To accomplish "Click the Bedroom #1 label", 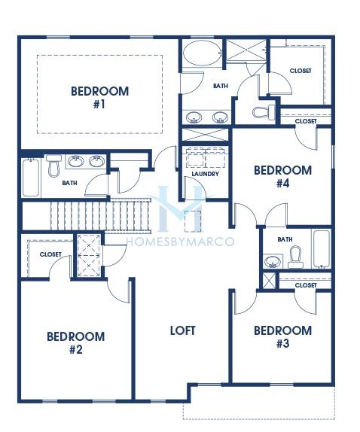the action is (99, 98).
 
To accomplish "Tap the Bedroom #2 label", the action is (76, 343).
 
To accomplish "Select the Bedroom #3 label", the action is (283, 337).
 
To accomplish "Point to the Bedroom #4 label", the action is (283, 177).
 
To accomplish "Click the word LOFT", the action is (183, 330).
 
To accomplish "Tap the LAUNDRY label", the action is (206, 174).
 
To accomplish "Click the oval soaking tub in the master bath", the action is (203, 53).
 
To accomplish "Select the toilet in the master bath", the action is (264, 112).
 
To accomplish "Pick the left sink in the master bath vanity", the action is (194, 117).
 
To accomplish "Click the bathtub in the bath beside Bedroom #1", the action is (31, 178).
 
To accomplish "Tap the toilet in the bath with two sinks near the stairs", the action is (53, 166).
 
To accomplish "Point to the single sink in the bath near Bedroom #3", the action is (273, 261).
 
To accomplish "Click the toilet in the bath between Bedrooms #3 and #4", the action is (295, 257).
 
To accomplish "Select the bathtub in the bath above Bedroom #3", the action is (322, 249).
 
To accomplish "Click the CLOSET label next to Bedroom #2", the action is (50, 254).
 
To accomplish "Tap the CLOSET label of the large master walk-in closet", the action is (301, 71).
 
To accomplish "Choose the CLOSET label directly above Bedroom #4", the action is (306, 121).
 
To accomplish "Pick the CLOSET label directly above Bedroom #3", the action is (306, 285).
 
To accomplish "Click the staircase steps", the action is (101, 216).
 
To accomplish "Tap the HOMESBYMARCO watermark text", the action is (180, 242).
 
